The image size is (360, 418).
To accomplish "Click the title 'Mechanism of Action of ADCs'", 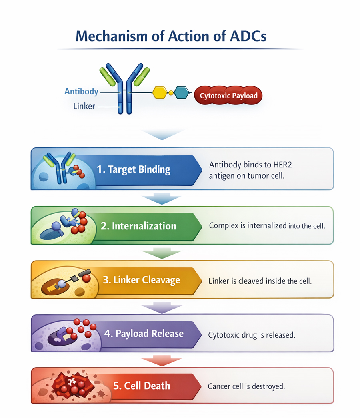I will coord(171,36).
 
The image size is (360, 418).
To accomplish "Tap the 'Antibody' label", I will coord(81,92).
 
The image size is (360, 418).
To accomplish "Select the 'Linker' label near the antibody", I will coord(84,107).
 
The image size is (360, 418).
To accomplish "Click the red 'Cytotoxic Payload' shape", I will coord(228,96).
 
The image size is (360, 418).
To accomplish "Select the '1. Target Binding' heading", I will coord(133,169).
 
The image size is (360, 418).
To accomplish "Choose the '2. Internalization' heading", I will coord(138,226).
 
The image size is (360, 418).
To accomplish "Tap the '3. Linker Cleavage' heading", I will coord(141,280).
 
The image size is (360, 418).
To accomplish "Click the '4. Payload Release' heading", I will coord(144,334).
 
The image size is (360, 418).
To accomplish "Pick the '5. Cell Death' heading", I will coord(141,386).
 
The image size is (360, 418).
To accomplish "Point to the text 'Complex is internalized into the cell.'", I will coord(267,226).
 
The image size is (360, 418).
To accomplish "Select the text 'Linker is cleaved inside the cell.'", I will coord(260,281).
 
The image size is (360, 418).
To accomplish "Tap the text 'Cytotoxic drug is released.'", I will coord(252,335).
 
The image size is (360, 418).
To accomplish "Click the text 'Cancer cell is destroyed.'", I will coord(246,387).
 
